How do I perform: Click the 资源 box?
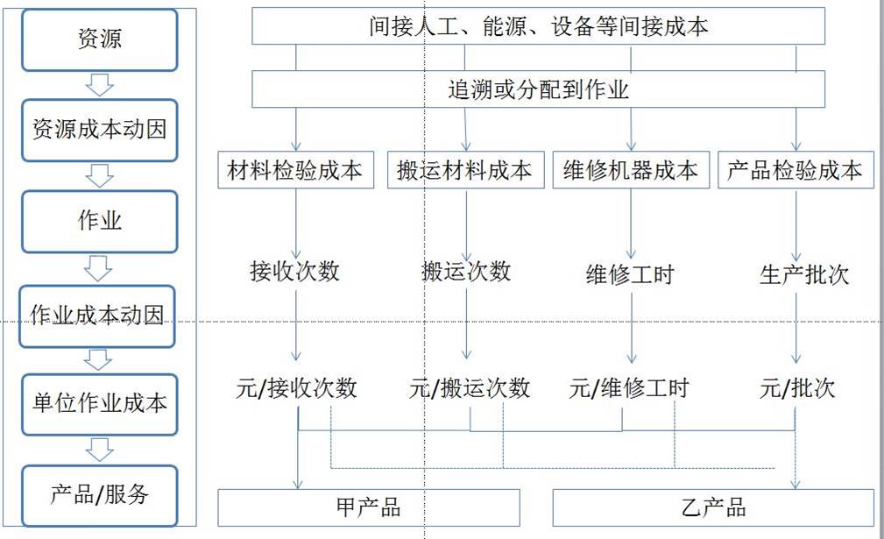click(99, 39)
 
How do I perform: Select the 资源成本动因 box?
click(99, 130)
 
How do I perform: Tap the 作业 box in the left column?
click(99, 222)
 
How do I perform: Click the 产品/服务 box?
click(99, 495)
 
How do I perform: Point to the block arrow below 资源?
click(99, 85)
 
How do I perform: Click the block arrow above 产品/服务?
click(99, 450)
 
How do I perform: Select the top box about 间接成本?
click(538, 27)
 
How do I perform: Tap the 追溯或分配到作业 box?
click(538, 89)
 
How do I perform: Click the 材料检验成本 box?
click(294, 170)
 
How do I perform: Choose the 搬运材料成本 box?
click(464, 170)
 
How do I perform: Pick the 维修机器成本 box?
click(631, 170)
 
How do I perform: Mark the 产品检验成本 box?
click(796, 170)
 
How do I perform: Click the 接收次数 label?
click(294, 272)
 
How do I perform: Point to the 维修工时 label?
click(630, 274)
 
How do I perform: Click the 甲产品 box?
click(368, 507)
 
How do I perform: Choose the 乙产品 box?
click(713, 507)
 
